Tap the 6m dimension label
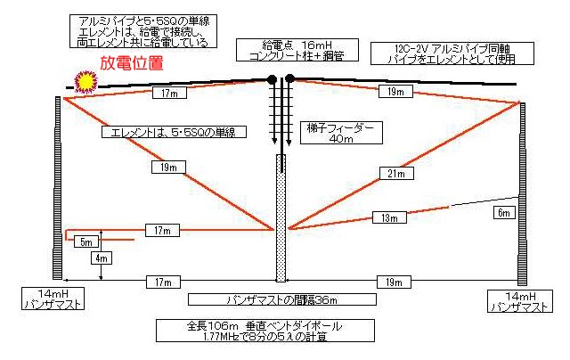click(504, 212)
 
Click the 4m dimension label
click(102, 258)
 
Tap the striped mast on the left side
click(59, 187)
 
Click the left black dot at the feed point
click(273, 81)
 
